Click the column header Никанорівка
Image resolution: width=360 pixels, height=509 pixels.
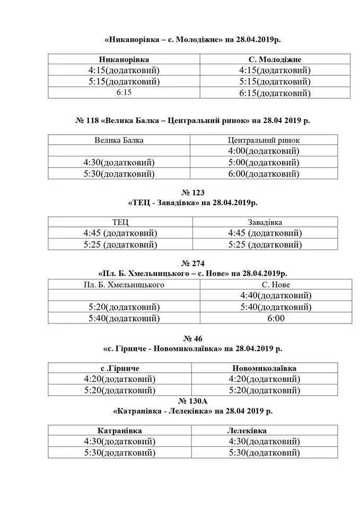coord(124,59)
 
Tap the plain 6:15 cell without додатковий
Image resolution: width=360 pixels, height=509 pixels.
coord(124,92)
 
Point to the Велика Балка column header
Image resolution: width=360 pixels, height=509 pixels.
coord(119,140)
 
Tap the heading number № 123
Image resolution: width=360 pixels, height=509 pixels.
coord(192,192)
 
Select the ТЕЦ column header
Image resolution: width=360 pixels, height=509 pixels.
coord(120,222)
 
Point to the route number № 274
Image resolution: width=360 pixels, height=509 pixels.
coord(192,263)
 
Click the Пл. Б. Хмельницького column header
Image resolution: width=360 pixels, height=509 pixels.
coord(124,285)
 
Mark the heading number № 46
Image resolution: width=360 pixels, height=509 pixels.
coord(192,338)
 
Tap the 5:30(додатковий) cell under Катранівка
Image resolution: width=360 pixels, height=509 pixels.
coord(119,452)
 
